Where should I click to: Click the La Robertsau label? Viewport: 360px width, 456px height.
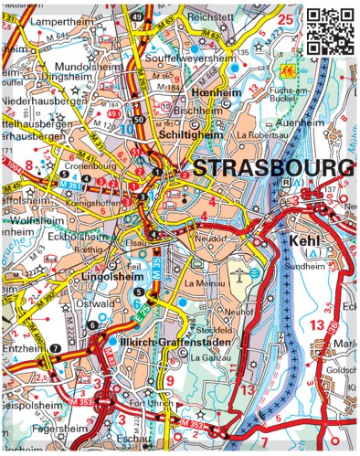tap(258, 134)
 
